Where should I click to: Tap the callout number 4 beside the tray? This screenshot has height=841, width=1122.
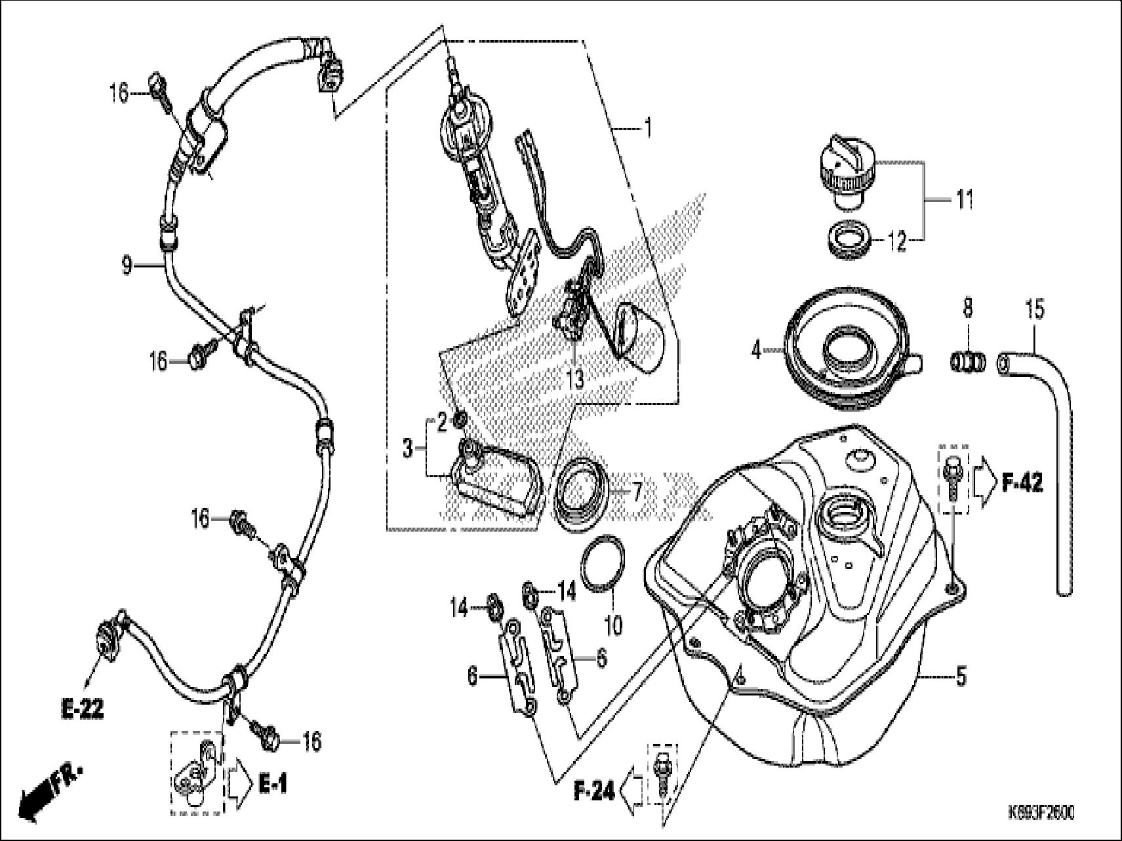point(757,351)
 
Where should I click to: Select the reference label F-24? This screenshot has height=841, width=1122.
point(594,792)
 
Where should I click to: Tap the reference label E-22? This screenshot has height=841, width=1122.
point(82,709)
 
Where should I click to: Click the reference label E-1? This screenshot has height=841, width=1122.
point(273,783)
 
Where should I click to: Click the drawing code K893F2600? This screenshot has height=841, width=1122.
point(1041,813)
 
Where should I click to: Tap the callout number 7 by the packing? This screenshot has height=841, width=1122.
point(635,490)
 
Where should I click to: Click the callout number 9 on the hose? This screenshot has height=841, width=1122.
point(127,265)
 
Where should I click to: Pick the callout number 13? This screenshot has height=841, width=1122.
point(575,380)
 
